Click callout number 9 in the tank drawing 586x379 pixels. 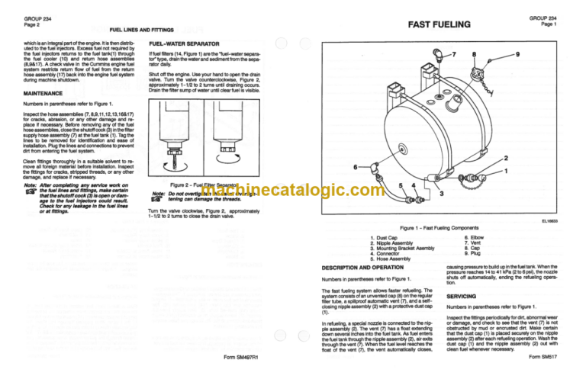coord(519,54)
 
